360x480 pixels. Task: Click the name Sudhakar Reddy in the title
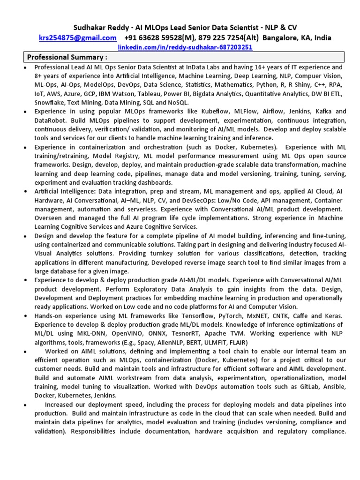98,28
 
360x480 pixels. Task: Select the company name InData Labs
209,67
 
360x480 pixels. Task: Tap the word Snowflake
50,102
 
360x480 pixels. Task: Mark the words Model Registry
114,156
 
